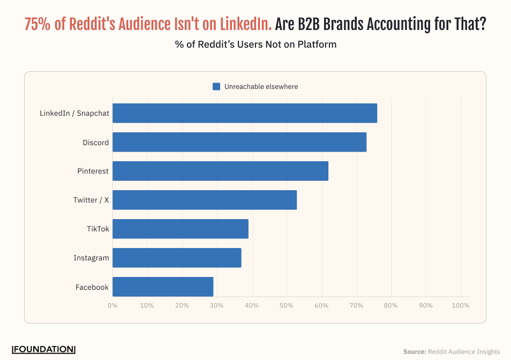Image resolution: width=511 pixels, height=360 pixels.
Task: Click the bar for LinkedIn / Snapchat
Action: click(245, 113)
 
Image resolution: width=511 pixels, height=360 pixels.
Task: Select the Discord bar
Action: click(239, 142)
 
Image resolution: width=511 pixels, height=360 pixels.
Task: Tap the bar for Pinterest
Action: click(220, 171)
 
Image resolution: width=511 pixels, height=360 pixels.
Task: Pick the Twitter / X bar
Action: click(205, 200)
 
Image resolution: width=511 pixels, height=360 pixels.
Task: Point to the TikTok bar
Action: click(181, 229)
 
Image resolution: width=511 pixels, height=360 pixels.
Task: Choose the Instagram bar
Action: click(177, 258)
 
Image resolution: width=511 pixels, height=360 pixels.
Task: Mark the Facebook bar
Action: click(163, 287)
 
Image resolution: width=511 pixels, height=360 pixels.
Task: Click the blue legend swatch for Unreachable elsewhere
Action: click(216, 87)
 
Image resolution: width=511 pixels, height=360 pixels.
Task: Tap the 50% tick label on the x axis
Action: click(287, 305)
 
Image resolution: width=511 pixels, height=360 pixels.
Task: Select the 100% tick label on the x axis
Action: click(461, 305)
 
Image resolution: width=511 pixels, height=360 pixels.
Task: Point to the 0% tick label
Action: click(112, 305)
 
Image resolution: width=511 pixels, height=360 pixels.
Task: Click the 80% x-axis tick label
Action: click(391, 305)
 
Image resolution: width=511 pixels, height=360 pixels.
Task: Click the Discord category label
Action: click(95, 142)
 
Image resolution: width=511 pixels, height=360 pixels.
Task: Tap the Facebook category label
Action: click(92, 287)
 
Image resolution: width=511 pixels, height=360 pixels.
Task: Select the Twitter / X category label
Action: click(91, 200)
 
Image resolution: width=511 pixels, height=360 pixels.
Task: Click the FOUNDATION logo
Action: click(43, 349)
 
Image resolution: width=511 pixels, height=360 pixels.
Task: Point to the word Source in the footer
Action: click(414, 352)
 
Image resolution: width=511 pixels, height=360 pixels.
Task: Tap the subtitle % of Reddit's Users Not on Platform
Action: click(255, 44)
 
